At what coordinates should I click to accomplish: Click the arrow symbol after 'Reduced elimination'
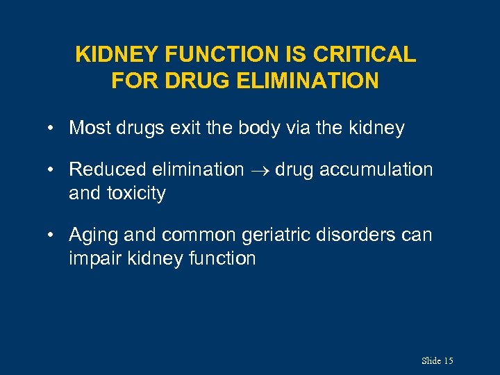point(260,170)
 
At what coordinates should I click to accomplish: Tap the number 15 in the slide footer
point(448,360)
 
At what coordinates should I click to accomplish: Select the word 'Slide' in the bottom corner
point(431,360)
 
